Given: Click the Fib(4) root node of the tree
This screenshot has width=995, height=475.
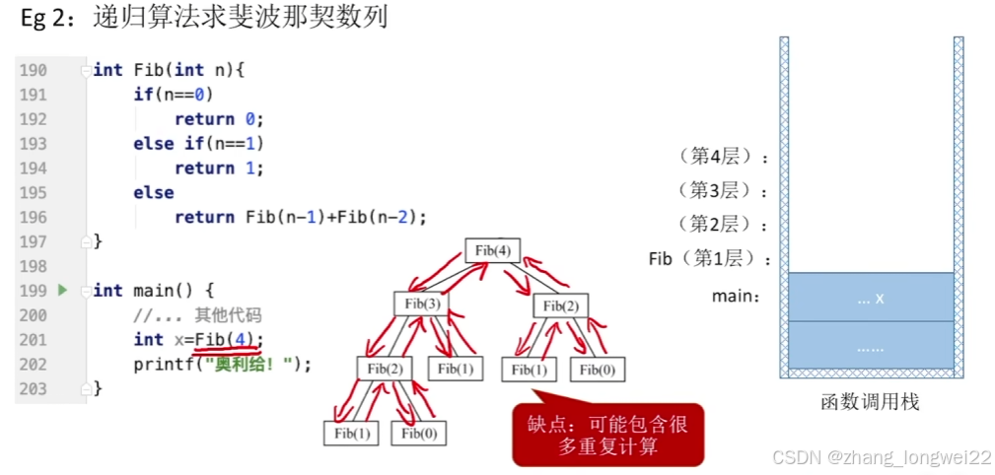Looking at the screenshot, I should [x=492, y=250].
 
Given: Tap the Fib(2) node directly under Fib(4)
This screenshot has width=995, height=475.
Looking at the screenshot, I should [x=561, y=305].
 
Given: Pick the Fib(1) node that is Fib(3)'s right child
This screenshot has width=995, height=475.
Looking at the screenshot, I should [x=456, y=369].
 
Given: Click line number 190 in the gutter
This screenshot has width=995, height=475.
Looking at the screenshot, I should [x=33, y=70].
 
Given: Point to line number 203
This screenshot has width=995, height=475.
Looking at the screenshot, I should [x=33, y=388].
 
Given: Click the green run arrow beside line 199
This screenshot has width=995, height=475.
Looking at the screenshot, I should [x=63, y=291].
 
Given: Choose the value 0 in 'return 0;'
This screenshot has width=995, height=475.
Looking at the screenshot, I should [x=249, y=119].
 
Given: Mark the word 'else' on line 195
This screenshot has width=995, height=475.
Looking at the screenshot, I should [x=154, y=193].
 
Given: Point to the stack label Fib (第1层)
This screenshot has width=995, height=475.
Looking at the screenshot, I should [x=707, y=259].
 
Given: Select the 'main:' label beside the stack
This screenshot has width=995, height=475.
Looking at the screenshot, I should [x=737, y=295].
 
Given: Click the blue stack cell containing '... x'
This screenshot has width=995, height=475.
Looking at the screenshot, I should [x=871, y=297].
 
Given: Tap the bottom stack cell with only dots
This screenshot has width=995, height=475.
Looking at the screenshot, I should [x=871, y=346].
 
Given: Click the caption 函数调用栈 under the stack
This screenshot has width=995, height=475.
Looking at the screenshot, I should [x=870, y=403].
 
